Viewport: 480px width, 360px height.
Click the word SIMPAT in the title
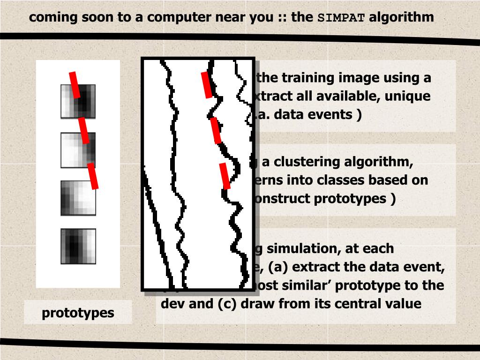click(x=341, y=18)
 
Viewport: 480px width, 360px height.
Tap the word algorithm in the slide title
click(x=401, y=17)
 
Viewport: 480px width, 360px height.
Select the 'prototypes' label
click(x=78, y=313)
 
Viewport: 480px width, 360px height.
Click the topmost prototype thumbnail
click(x=78, y=101)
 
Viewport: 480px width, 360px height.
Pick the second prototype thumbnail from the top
click(x=78, y=150)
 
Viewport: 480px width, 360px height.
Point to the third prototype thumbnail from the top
click(x=78, y=198)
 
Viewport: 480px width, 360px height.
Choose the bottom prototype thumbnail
click(x=78, y=246)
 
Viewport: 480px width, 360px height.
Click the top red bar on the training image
click(x=207, y=85)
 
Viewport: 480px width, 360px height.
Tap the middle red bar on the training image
click(x=216, y=130)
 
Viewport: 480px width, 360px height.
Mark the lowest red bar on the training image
click(x=225, y=176)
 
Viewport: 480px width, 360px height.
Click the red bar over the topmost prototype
click(x=74, y=85)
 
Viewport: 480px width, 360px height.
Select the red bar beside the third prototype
click(x=93, y=176)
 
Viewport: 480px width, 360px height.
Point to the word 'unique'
click(x=410, y=96)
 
